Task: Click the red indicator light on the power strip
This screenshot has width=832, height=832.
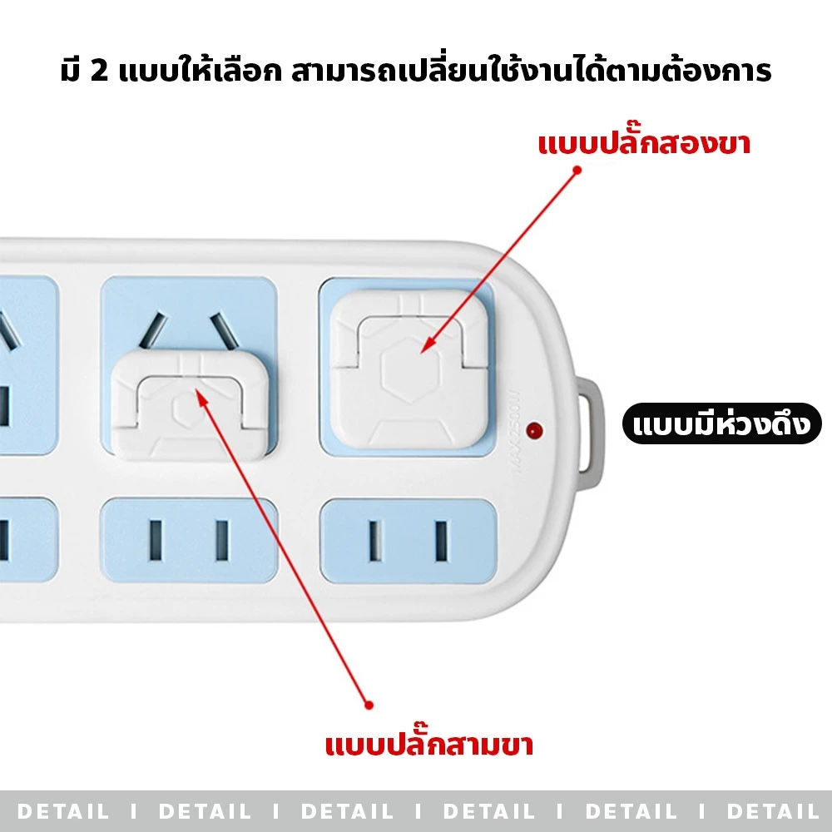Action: click(534, 430)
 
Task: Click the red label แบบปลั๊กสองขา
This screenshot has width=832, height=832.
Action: click(644, 142)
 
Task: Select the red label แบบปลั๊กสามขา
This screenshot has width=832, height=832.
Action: click(428, 743)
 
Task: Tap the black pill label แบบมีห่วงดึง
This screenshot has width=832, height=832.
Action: click(721, 423)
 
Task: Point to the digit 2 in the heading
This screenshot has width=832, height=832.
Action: click(99, 71)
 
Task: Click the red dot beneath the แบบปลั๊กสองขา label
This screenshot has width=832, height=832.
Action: click(577, 171)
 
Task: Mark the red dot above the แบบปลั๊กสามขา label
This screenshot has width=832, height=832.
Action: click(369, 706)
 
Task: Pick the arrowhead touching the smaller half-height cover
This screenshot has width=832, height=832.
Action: click(200, 397)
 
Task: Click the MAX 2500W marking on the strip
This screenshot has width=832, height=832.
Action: click(514, 431)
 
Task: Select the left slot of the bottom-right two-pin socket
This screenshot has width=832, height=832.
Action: click(375, 542)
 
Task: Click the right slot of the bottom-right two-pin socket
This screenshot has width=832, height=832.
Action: click(441, 542)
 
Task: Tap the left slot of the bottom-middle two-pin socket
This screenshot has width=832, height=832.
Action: click(156, 541)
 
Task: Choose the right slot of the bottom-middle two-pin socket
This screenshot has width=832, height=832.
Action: click(222, 541)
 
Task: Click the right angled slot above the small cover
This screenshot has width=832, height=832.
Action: click(224, 332)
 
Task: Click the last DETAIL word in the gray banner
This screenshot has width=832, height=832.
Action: click(773, 811)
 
